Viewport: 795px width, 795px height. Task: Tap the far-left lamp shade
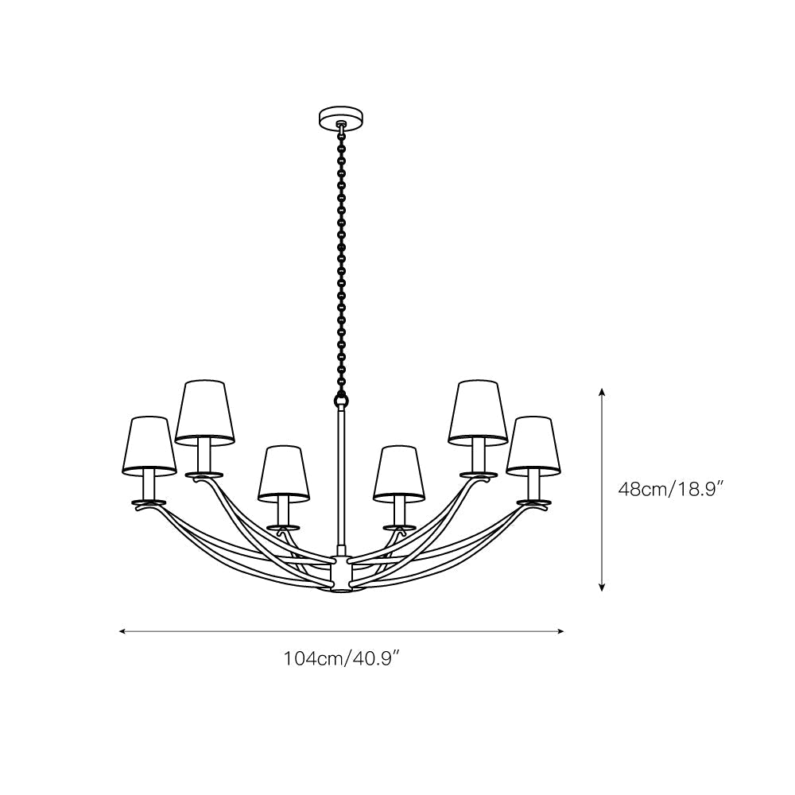[x=150, y=445]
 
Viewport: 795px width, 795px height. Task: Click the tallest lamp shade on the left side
[x=206, y=411]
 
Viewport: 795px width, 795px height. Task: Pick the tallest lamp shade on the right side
[x=477, y=411]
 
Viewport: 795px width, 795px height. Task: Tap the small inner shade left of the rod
[x=282, y=474]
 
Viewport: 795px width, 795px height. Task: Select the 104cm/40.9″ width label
[x=341, y=658]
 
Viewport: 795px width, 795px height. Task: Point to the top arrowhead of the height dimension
[x=603, y=391]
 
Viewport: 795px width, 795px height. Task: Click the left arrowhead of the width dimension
[x=122, y=631]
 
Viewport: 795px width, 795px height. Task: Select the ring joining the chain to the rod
[x=341, y=397]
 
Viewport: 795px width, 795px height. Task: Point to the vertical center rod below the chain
[x=341, y=477]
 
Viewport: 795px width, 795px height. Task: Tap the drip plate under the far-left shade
[x=149, y=502]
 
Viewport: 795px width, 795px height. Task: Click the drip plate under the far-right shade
[x=533, y=502]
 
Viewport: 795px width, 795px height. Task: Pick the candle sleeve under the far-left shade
[x=149, y=485]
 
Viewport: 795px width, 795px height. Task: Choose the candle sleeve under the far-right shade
[x=533, y=485]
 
